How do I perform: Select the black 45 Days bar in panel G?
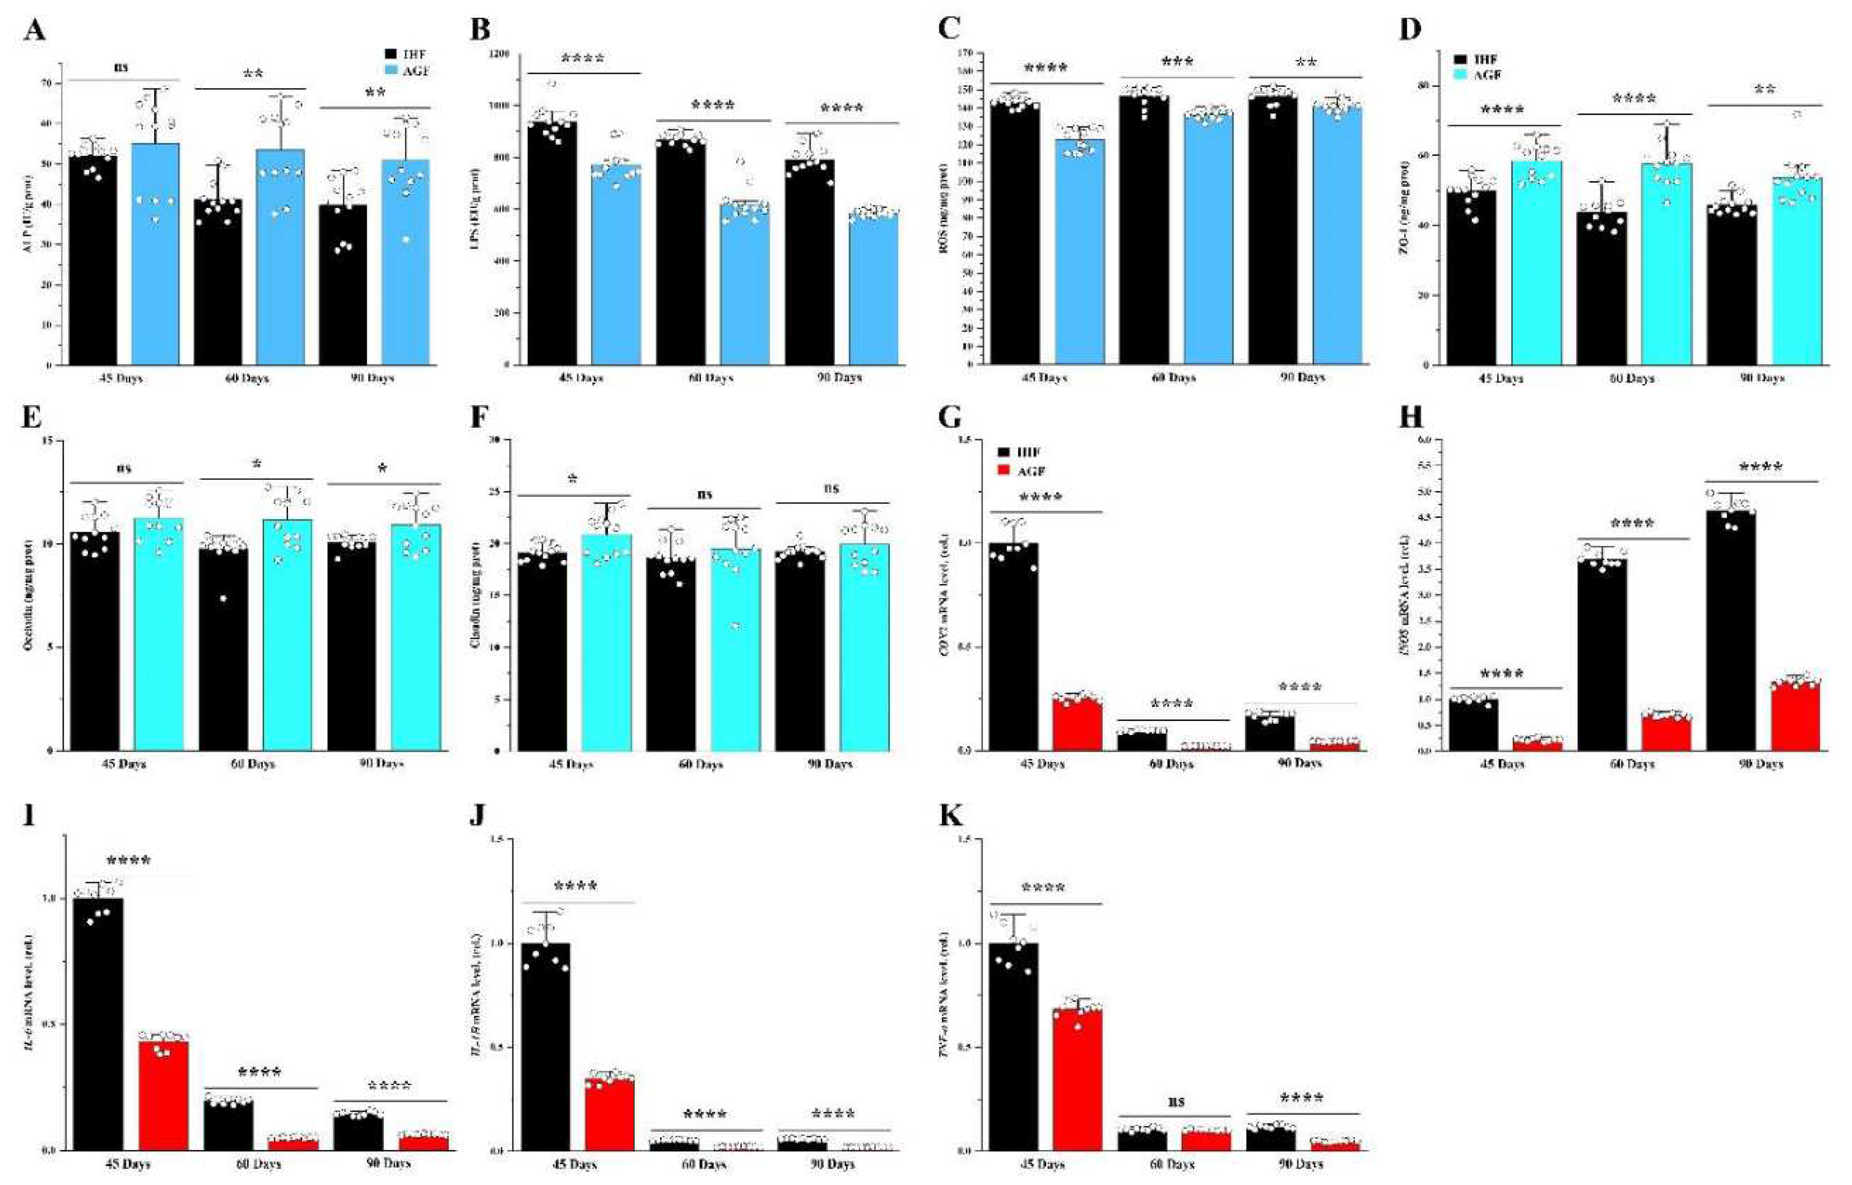click(1013, 646)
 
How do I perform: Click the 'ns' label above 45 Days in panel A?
click(122, 67)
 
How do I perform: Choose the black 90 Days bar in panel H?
click(1730, 631)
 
